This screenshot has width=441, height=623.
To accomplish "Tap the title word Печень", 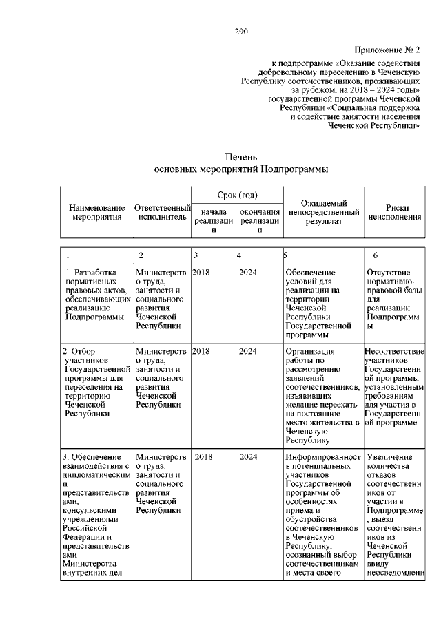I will (x=240, y=157).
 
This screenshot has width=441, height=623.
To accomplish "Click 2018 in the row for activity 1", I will (x=201, y=272).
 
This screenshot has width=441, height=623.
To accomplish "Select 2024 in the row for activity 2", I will (x=247, y=350).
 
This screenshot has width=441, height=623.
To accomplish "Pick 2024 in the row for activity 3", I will (x=247, y=456).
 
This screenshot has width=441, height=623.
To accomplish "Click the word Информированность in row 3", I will (x=322, y=456).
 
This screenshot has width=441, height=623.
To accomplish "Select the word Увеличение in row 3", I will (x=390, y=456).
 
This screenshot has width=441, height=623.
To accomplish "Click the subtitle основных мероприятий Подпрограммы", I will (x=240, y=169).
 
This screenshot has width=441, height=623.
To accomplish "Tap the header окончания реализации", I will (x=259, y=221).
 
